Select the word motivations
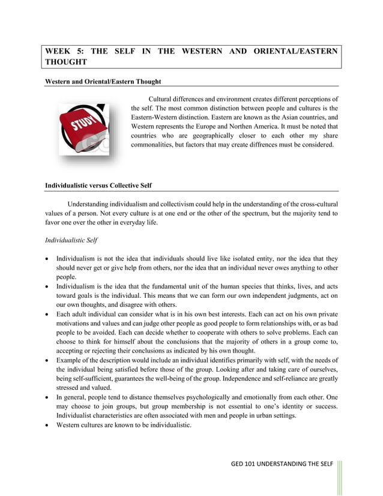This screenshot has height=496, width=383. click(77, 324)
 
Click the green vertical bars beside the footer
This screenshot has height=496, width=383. click(340, 477)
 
